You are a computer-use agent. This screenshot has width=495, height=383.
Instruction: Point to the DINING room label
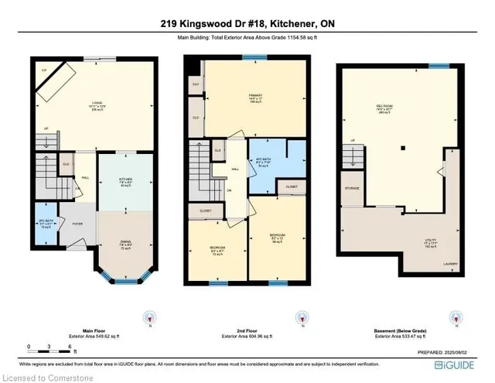click(126, 245)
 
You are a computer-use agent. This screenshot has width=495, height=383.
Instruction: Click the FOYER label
click(78, 224)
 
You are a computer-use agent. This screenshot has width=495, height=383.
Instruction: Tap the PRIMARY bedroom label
click(246, 97)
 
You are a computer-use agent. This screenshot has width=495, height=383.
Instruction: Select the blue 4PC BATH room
click(261, 161)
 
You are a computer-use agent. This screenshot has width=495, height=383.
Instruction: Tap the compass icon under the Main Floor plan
click(149, 318)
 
